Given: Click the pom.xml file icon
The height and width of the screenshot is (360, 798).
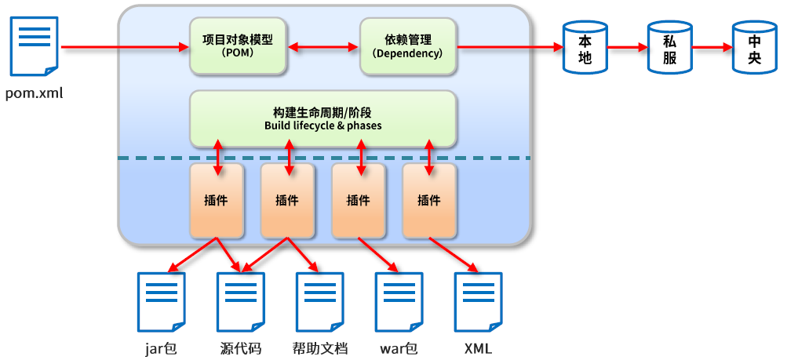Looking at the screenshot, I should click(x=34, y=47).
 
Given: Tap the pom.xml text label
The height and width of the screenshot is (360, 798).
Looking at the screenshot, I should click(x=34, y=94).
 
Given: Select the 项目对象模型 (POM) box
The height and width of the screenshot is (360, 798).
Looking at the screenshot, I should click(x=238, y=46).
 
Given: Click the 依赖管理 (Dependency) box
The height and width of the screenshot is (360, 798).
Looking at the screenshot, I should click(x=408, y=46).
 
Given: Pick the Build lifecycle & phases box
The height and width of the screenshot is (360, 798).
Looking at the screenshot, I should click(x=322, y=118).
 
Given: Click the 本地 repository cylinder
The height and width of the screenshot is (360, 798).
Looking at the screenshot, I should click(x=585, y=46).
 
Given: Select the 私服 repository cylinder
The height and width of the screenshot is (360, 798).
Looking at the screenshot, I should click(x=669, y=46).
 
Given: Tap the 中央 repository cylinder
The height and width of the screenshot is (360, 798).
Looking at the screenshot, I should click(x=754, y=46).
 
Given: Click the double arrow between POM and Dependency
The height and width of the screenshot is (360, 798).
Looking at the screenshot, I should click(x=322, y=48).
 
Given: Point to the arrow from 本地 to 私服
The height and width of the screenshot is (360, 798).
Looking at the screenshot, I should click(x=626, y=47).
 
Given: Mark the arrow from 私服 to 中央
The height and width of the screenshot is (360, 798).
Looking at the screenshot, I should click(x=711, y=47).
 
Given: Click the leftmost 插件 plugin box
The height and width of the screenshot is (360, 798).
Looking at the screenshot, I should click(x=217, y=201).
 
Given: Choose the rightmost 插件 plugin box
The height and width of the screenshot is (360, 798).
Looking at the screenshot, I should click(x=429, y=201).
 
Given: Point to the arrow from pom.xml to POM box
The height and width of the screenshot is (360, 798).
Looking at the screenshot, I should click(x=126, y=48).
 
